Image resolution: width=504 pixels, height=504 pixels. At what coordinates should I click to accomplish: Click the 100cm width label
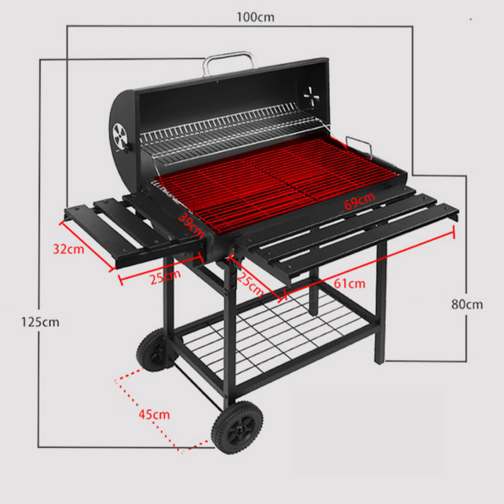pos(255,16)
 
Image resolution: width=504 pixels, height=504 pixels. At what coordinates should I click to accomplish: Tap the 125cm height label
pos(40,322)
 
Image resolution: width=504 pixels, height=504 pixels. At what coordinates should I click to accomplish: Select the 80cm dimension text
pos(467,304)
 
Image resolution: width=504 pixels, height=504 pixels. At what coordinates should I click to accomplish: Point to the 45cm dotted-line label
pos(154,414)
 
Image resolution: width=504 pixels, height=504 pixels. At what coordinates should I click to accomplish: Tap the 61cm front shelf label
pos(348,283)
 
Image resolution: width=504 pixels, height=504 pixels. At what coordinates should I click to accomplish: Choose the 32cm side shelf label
pos(68,248)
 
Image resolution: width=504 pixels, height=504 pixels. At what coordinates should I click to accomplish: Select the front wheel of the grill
pos(237,428)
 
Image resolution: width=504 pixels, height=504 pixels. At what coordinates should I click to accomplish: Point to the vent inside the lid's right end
pos(311,96)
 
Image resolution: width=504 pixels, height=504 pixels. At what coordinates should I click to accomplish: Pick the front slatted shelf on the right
pos(346,230)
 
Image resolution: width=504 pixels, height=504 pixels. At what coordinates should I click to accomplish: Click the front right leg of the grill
pos(379,302)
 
